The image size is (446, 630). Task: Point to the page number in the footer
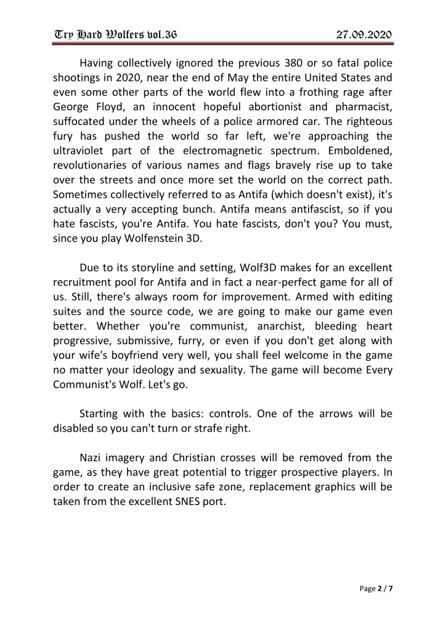pos(376,588)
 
